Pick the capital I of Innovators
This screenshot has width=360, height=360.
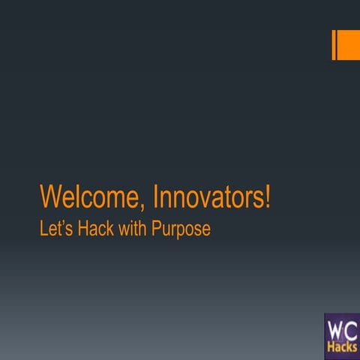(x=155, y=197)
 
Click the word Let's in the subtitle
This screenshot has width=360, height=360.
(x=53, y=229)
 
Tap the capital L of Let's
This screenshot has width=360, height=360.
(x=43, y=229)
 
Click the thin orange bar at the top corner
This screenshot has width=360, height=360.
(x=334, y=45)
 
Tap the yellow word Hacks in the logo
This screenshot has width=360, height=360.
(x=342, y=347)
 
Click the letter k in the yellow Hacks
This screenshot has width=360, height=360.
(x=349, y=347)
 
